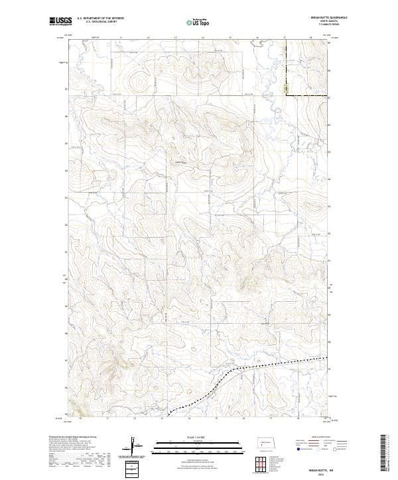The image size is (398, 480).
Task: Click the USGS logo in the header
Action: point(60,21)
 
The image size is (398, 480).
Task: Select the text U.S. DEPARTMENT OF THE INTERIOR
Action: point(100,19)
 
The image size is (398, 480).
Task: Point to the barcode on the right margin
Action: point(384,454)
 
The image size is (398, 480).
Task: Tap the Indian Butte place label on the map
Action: point(180,162)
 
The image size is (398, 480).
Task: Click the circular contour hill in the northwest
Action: point(140,82)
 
